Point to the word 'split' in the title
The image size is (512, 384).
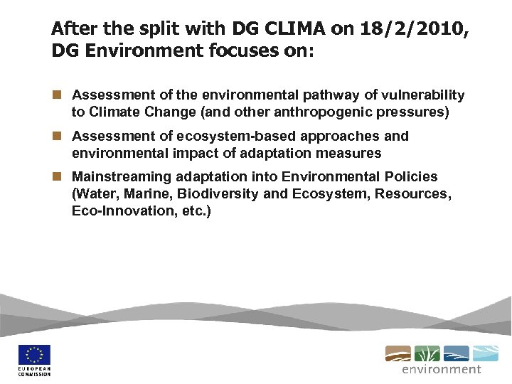click(x=152, y=28)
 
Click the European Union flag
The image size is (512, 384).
click(x=35, y=356)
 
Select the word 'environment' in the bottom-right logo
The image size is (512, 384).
click(x=442, y=370)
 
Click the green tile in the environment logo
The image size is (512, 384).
click(x=427, y=353)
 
